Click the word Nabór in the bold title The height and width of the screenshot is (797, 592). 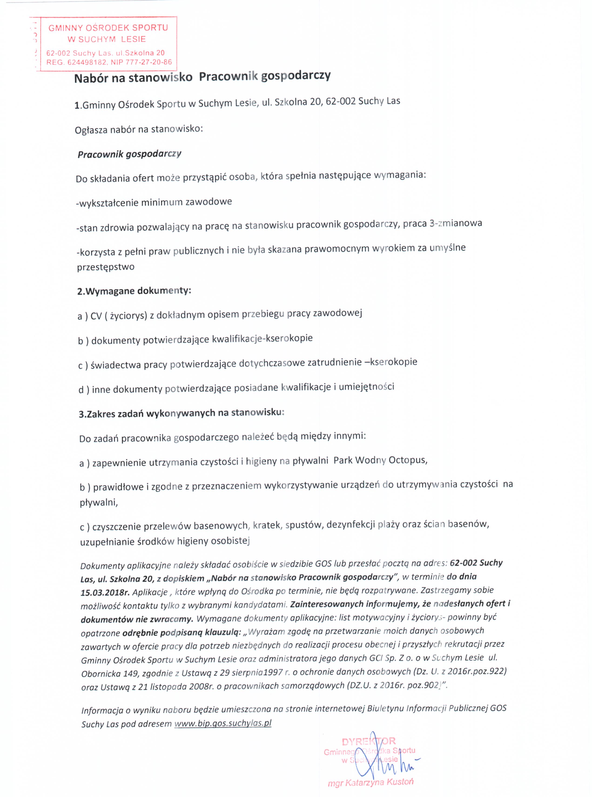[91, 78]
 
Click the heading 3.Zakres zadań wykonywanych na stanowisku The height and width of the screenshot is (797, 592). [181, 413]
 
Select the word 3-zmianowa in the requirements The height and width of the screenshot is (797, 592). [456, 224]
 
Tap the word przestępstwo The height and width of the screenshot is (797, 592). [106, 267]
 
